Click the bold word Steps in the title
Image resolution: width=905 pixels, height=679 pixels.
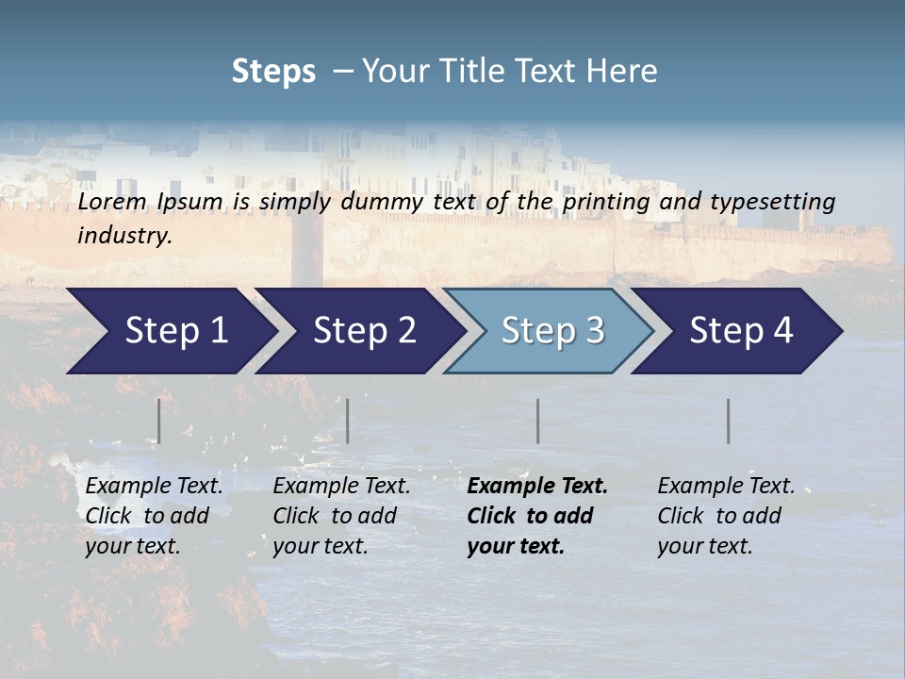(x=273, y=72)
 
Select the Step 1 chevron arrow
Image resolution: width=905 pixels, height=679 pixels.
(x=170, y=331)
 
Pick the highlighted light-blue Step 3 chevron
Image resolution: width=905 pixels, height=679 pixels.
(x=551, y=331)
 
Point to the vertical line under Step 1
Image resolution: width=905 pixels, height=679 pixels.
(x=159, y=421)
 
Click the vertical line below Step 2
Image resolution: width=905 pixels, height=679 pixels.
(x=348, y=421)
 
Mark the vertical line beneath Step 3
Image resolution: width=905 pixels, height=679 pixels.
(x=538, y=421)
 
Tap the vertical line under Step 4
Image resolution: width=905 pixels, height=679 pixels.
(x=729, y=421)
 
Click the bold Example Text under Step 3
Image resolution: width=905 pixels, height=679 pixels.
(x=537, y=487)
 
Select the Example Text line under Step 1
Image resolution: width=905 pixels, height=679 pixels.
(x=154, y=487)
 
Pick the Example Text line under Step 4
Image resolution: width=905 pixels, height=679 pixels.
(x=726, y=487)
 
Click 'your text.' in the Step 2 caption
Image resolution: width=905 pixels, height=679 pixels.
(x=320, y=546)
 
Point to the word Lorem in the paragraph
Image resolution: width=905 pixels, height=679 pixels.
(x=112, y=202)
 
